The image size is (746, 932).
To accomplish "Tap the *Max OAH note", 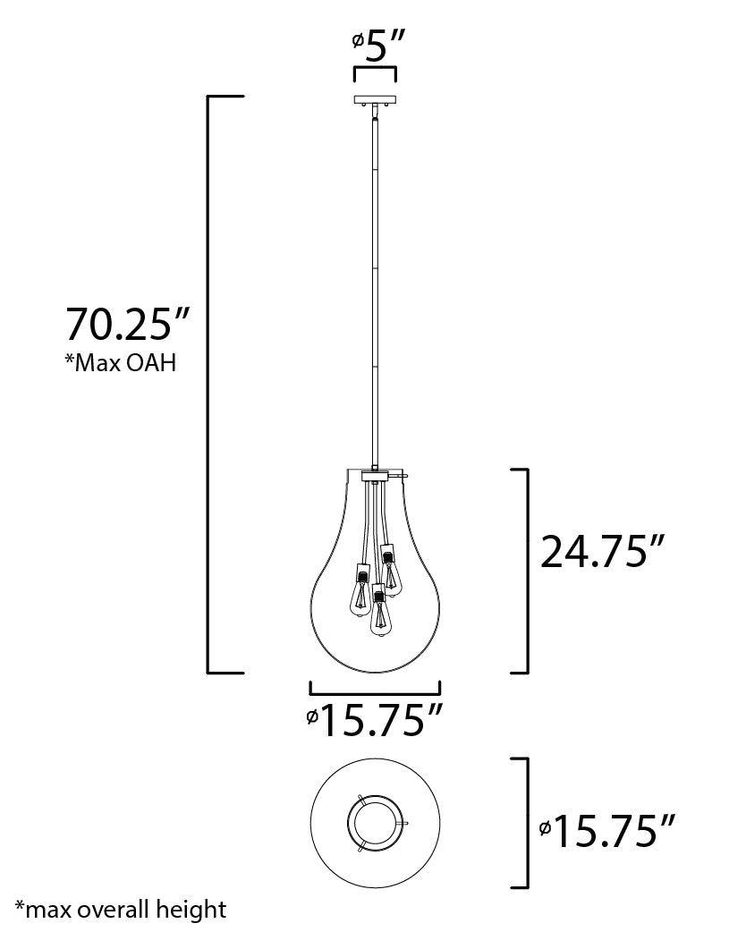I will point(120,364).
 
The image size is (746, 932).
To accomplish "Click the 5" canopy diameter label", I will point(379,45).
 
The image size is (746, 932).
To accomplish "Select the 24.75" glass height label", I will point(605,552).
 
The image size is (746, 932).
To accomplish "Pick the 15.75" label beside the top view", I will point(614,832).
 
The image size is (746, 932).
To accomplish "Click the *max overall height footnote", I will point(122,911).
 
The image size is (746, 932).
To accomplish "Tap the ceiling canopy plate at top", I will point(376,99).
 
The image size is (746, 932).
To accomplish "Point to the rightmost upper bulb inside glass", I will point(390,569).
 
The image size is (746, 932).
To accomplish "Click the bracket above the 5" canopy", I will point(376,70).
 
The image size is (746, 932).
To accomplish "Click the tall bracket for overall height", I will point(211,383).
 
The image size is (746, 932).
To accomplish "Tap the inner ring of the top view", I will point(374,821).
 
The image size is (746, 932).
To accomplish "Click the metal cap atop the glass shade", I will point(374,477).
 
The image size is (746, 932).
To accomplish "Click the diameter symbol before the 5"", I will point(358,41).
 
